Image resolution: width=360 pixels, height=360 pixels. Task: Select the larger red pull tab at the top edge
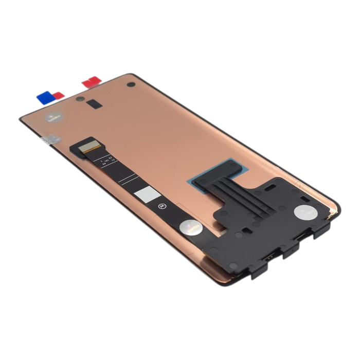click(x=92, y=81)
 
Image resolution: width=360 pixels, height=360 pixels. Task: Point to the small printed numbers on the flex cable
click(x=109, y=161)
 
